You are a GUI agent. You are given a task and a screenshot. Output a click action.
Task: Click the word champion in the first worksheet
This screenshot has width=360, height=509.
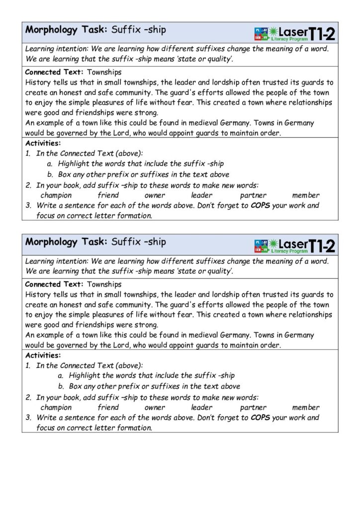coord(56,195)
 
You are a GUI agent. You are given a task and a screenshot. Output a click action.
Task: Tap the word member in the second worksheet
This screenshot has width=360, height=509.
coord(306,408)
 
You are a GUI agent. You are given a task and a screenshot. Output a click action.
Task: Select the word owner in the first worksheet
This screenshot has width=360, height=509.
coord(155,195)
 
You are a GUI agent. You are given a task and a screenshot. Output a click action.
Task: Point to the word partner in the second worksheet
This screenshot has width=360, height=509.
coord(253,408)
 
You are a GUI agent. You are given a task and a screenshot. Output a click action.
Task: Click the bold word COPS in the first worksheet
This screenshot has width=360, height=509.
coord(260,205)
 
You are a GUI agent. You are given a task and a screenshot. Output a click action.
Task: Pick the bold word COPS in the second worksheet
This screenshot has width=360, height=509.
coord(260,418)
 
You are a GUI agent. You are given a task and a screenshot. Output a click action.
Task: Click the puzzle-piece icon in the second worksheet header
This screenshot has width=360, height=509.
coord(261,246)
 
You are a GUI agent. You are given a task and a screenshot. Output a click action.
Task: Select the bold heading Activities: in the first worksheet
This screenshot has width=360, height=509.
coord(43,144)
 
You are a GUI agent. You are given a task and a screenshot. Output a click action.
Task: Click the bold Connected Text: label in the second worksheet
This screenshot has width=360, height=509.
coord(55,284)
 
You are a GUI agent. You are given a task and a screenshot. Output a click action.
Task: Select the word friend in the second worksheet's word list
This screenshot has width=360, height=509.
coord(108,408)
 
